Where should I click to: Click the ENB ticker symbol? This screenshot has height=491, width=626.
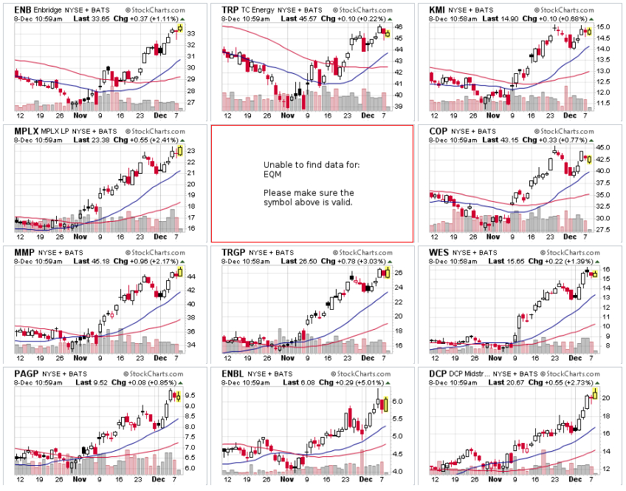pyautogui.click(x=22, y=10)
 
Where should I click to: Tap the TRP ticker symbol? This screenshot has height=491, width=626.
pyautogui.click(x=230, y=10)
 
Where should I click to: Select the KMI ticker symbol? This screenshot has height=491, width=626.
pyautogui.click(x=437, y=10)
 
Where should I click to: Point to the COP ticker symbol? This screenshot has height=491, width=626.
pyautogui.click(x=438, y=131)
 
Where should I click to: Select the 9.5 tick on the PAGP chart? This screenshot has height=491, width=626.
pyautogui.click(x=190, y=405)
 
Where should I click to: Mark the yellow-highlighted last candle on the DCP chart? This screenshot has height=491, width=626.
pyautogui.click(x=594, y=393)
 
